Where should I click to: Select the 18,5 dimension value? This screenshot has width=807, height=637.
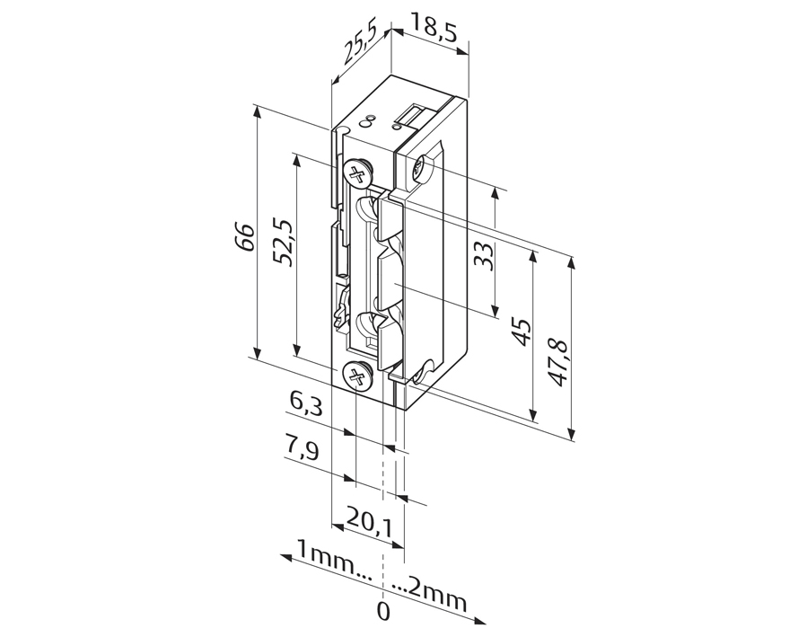click(x=434, y=29)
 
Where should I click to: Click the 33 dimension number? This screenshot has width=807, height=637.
click(x=484, y=255)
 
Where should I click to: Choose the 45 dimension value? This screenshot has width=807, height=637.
click(x=522, y=332)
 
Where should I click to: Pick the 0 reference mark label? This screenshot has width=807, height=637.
click(x=383, y=613)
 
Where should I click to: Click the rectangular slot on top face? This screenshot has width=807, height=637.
click(x=412, y=115)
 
